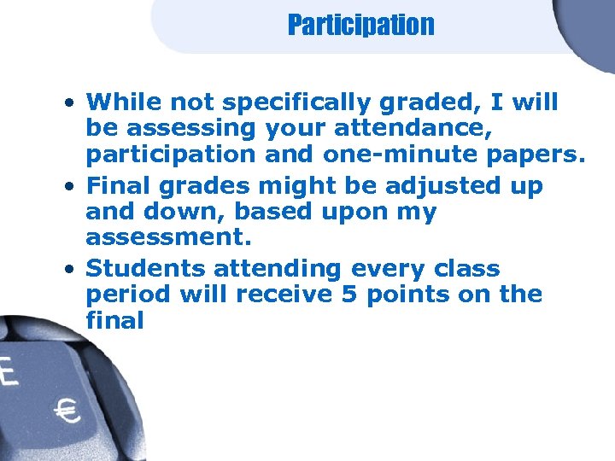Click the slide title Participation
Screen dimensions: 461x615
click(360, 26)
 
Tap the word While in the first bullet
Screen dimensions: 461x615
click(125, 103)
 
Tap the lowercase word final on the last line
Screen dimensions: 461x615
click(115, 322)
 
